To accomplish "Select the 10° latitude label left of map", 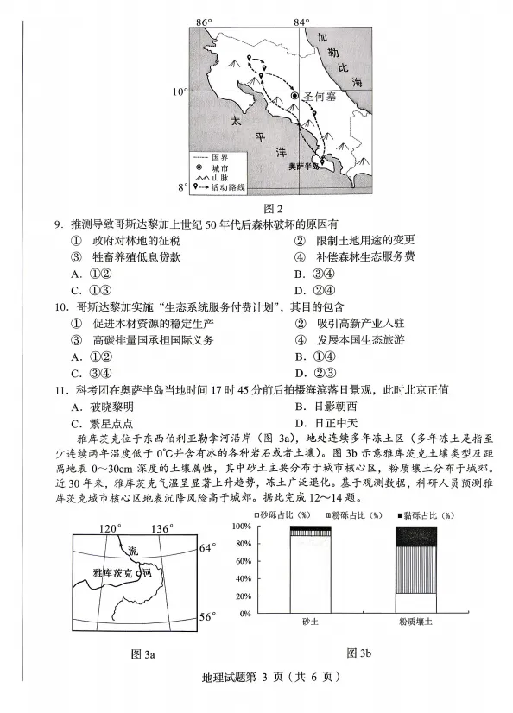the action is (x=178, y=91).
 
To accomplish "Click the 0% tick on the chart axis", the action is (x=266, y=614).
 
